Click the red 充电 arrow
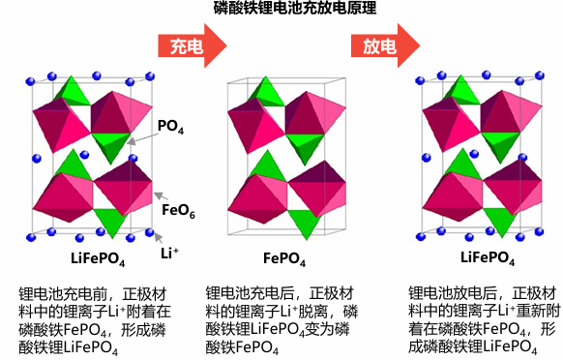[193, 45]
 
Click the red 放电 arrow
[386, 45]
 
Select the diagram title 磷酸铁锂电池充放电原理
[295, 8]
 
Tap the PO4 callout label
[170, 127]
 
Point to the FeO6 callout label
[178, 211]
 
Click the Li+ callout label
[169, 254]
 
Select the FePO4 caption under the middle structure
[284, 258]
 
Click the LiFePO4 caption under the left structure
[98, 258]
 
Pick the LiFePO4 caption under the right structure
[488, 258]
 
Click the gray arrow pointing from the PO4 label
[142, 138]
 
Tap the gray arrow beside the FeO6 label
[162, 196]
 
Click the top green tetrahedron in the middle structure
[266, 92]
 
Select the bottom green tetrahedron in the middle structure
[305, 225]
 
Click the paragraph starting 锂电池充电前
[95, 321]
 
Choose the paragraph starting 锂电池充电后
[281, 320]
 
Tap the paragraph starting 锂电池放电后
[485, 320]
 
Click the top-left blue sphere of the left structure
[31, 81]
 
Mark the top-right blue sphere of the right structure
[540, 75]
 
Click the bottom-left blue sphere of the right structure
[421, 237]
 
